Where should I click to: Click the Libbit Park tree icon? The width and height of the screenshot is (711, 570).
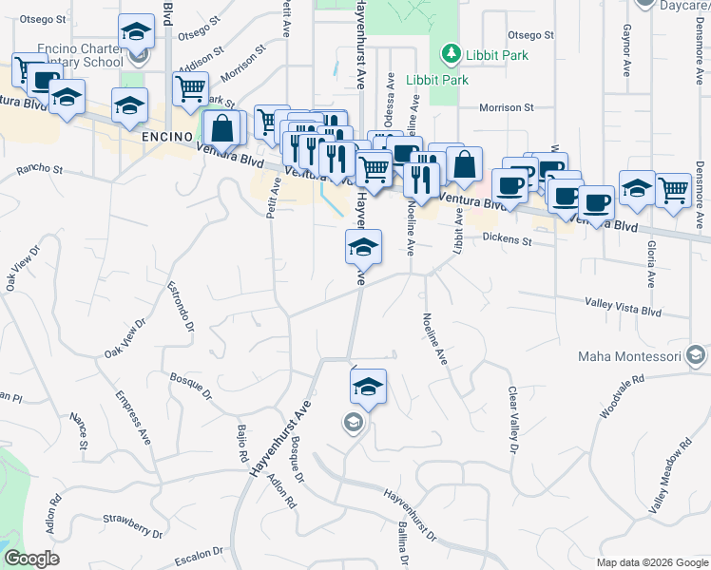tap(452, 55)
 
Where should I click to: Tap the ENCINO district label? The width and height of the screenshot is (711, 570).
tap(168, 137)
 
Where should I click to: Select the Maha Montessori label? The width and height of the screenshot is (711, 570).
tap(631, 357)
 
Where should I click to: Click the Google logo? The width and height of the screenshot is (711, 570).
tap(30, 559)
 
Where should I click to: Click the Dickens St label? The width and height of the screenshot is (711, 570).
tap(507, 239)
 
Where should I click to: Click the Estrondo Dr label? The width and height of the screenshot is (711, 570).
tap(181, 306)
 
